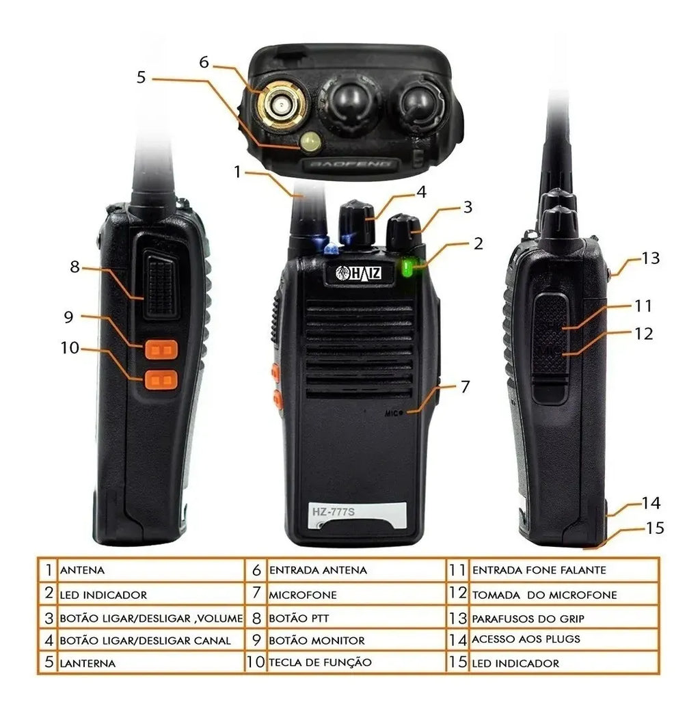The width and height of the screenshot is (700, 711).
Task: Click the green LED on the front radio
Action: [x=407, y=267]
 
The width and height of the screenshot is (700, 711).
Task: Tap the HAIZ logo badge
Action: [x=359, y=273]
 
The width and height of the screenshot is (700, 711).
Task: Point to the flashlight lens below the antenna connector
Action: [x=310, y=142]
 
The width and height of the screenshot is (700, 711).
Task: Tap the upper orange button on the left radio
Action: [x=161, y=349]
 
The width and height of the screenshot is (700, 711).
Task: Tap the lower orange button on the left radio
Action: [x=161, y=379]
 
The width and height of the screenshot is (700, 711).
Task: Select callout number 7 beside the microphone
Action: [x=465, y=387]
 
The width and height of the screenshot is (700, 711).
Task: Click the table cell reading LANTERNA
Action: [x=151, y=662]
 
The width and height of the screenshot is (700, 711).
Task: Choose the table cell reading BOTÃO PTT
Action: [x=357, y=618]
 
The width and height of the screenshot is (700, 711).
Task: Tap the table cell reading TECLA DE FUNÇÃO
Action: [x=357, y=662]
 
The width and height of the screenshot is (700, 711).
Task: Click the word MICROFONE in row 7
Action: [x=303, y=595]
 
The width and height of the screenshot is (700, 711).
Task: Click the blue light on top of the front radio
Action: [x=331, y=247]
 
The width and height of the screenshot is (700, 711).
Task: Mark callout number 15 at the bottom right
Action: [x=654, y=528]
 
